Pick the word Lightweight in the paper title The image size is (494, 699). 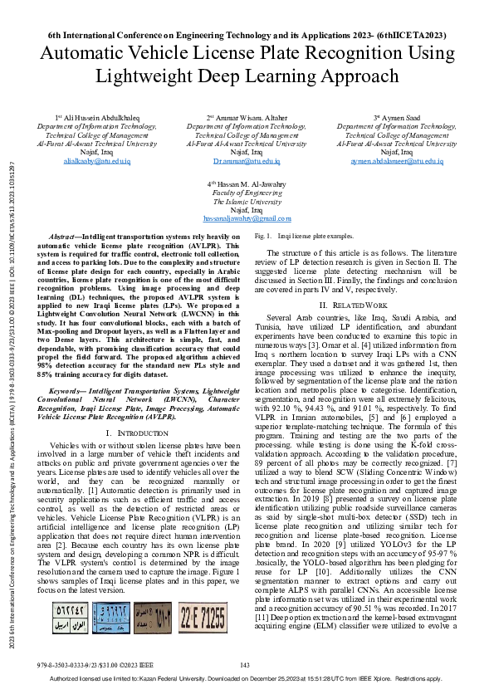coord(140,77)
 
